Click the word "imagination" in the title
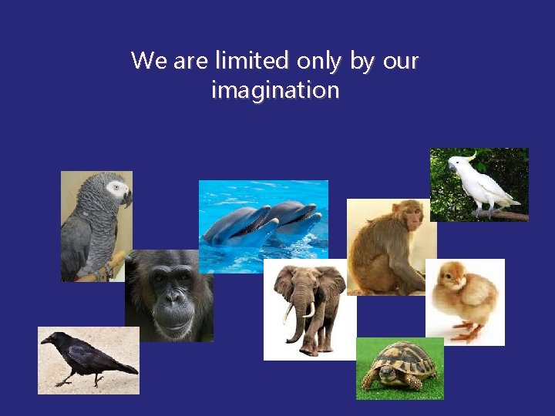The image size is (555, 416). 275,91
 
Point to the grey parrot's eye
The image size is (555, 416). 116,187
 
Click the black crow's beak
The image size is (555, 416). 46,338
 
